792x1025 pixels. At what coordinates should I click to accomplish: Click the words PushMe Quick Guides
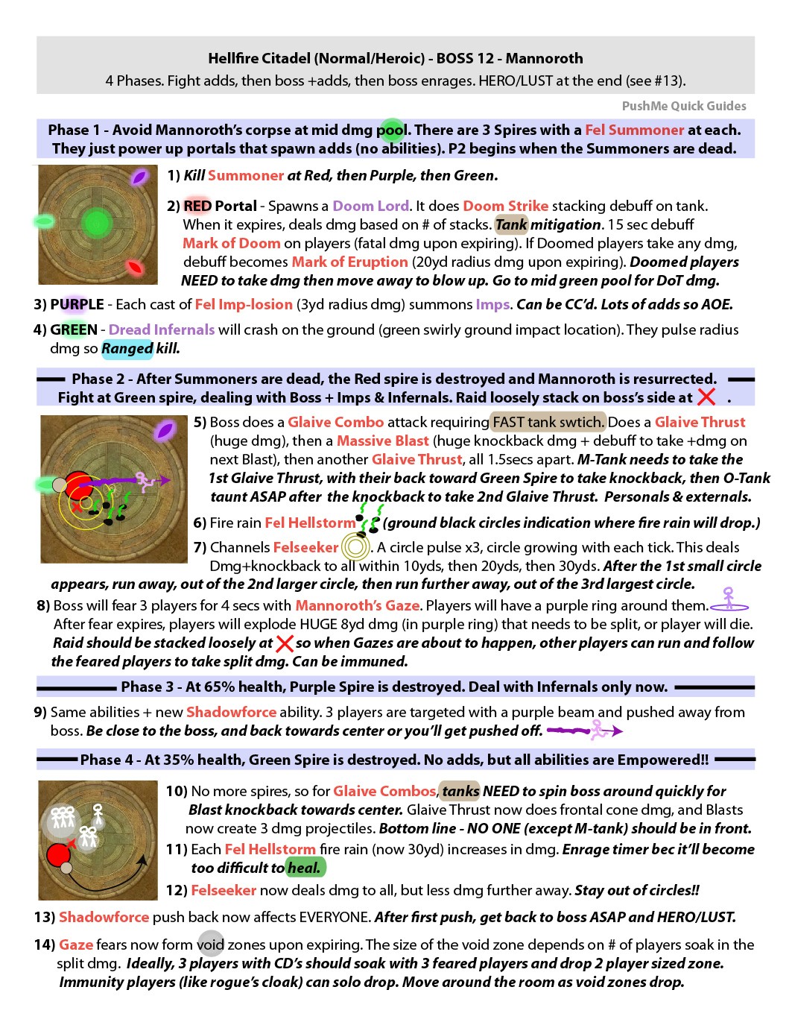683,106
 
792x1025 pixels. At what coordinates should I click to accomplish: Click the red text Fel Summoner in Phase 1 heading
634,130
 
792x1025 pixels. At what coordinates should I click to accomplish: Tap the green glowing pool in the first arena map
96,221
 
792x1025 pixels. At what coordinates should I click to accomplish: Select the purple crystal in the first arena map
139,177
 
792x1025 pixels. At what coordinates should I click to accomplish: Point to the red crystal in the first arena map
135,267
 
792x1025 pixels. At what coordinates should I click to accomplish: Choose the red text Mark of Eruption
349,262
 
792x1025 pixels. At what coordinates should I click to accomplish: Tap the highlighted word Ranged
127,348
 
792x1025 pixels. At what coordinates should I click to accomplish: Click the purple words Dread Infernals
162,329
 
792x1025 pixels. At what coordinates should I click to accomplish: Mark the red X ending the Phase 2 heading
706,397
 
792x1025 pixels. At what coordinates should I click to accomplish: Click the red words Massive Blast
382,441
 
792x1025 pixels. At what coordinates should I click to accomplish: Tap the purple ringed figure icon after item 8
729,599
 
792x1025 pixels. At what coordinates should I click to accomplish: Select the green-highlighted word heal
305,868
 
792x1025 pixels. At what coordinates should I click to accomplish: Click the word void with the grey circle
211,944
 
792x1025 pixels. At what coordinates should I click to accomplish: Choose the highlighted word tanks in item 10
460,791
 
